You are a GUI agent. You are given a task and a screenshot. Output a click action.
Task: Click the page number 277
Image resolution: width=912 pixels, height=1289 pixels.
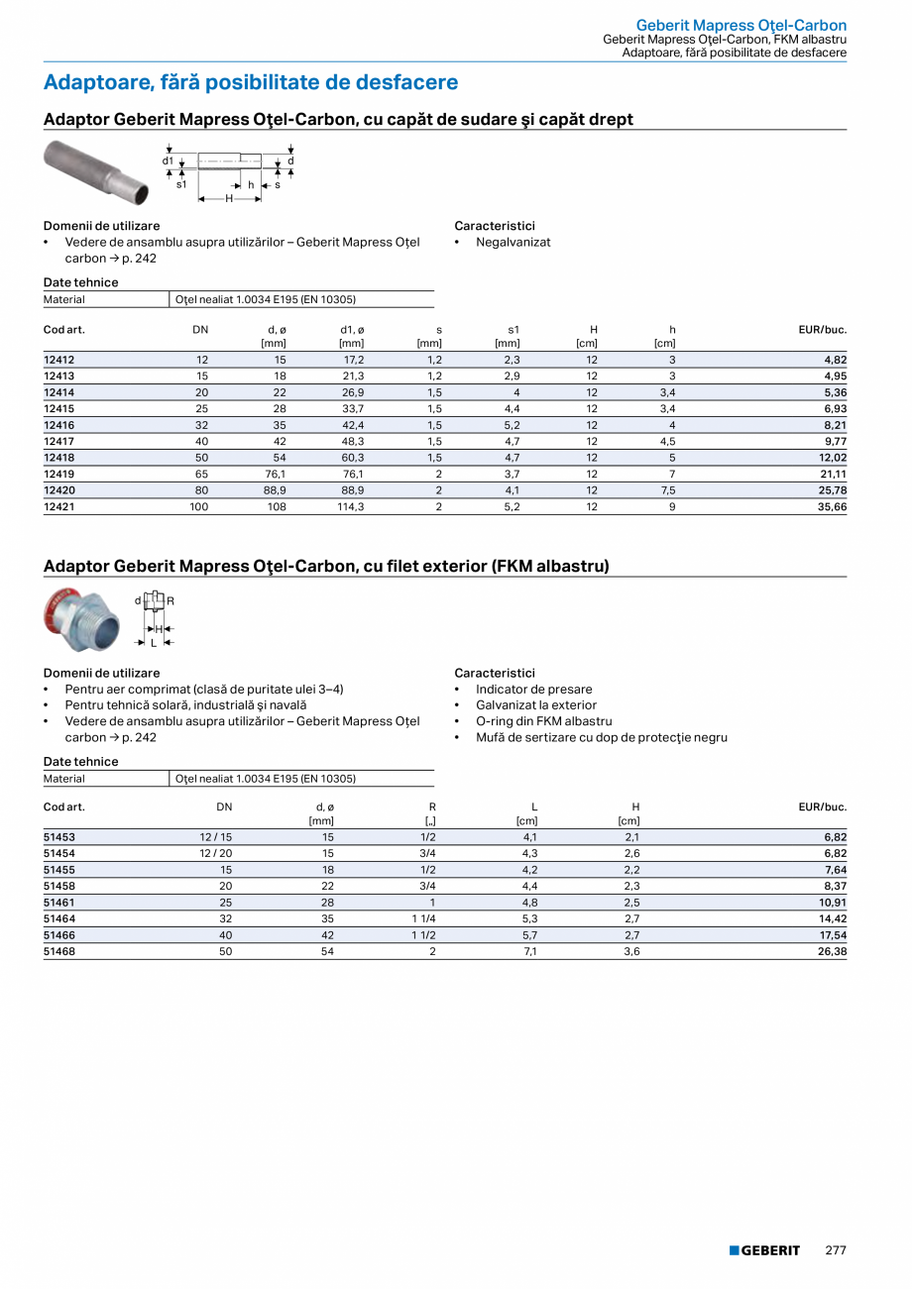pyautogui.click(x=836, y=1250)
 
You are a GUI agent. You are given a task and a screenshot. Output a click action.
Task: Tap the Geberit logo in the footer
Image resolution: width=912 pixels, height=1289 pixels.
pyautogui.click(x=764, y=1250)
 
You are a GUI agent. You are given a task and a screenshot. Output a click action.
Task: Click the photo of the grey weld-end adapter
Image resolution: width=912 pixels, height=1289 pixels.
pyautogui.click(x=95, y=171)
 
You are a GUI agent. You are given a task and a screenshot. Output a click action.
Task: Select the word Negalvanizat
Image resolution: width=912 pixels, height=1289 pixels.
pyautogui.click(x=513, y=242)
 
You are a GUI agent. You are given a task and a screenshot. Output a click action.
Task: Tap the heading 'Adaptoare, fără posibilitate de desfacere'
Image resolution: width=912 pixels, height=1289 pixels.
pyautogui.click(x=251, y=82)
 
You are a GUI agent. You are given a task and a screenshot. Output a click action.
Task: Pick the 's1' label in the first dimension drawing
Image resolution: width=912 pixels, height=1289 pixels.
pyautogui.click(x=181, y=184)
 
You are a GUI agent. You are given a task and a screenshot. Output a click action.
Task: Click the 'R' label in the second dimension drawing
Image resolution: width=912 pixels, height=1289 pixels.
pyautogui.click(x=171, y=600)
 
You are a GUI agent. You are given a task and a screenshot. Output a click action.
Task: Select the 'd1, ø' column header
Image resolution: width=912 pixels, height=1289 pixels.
pyautogui.click(x=352, y=329)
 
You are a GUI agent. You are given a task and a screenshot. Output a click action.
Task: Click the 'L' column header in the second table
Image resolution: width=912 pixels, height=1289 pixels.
pyautogui.click(x=534, y=806)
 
